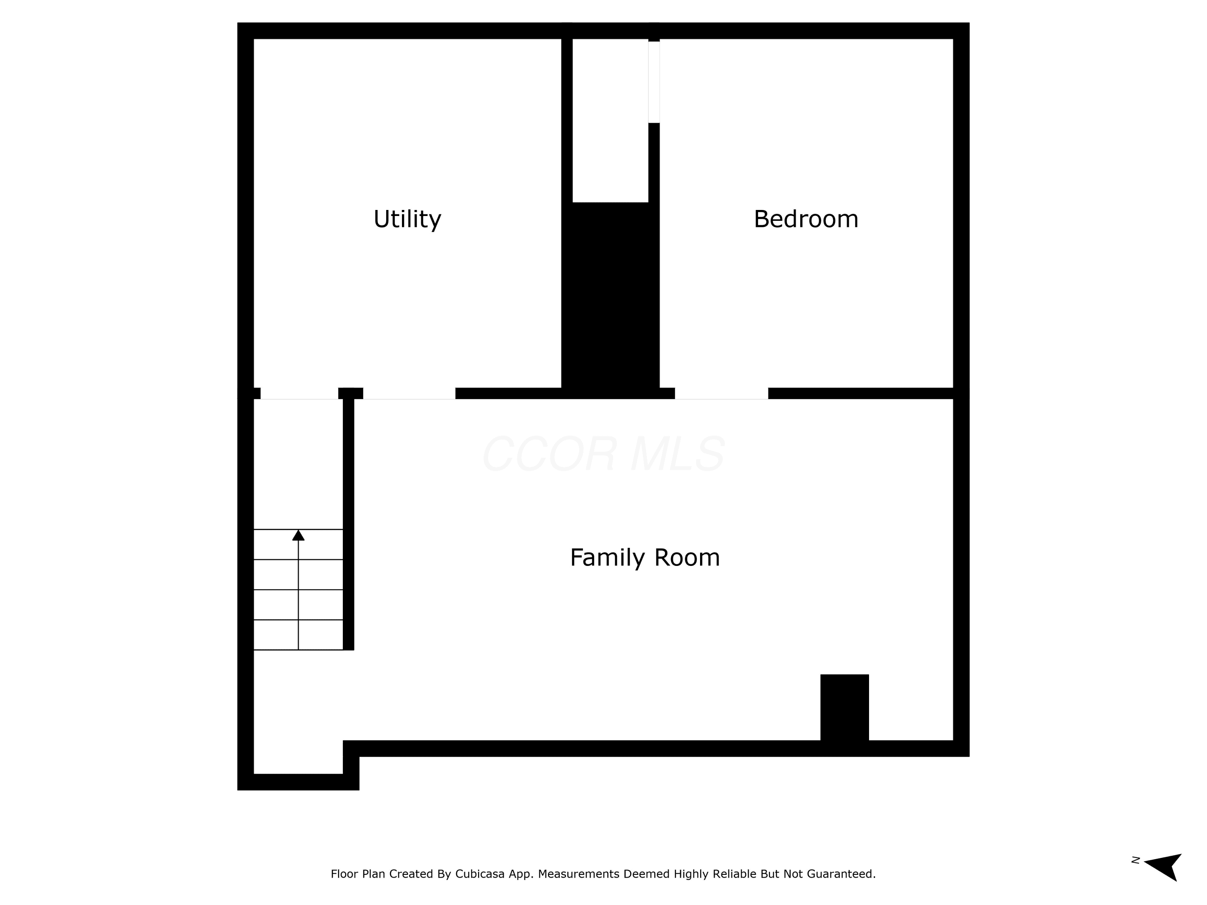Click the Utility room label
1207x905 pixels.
click(407, 219)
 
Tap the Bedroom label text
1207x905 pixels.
click(806, 219)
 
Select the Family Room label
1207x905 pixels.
click(645, 557)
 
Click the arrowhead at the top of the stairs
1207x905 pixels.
click(298, 535)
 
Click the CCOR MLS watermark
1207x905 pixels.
click(604, 454)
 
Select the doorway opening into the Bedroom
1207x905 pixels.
click(721, 393)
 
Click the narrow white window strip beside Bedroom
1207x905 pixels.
click(654, 82)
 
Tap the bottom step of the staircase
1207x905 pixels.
click(298, 634)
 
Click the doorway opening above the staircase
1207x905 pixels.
click(299, 393)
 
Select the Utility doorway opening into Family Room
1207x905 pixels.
click(409, 393)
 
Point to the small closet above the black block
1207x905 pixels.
click(610, 121)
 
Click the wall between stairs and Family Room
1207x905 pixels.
click(348, 524)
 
